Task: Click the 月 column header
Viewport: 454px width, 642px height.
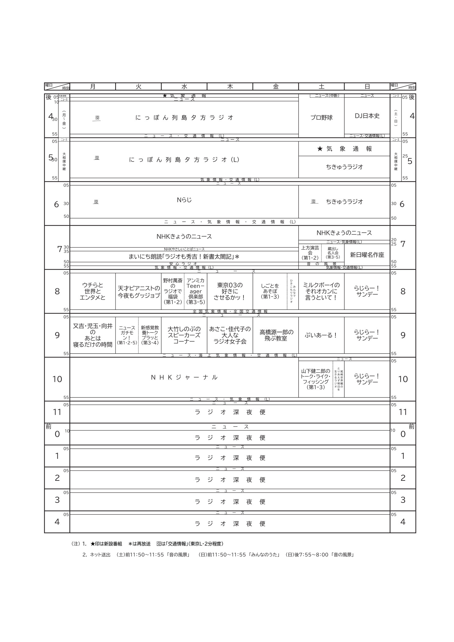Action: click(x=93, y=87)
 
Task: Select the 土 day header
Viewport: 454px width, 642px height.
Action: click(x=321, y=87)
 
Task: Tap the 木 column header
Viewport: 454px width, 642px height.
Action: click(x=230, y=87)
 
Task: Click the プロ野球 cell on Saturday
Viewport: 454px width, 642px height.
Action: click(x=321, y=118)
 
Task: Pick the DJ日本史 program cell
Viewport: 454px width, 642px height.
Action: click(x=367, y=116)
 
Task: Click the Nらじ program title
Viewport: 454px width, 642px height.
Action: click(x=184, y=200)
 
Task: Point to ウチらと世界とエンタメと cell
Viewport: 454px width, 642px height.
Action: click(x=93, y=291)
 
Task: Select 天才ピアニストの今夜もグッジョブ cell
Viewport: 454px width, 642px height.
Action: click(x=139, y=292)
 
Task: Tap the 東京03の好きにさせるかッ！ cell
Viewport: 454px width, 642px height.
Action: click(x=230, y=291)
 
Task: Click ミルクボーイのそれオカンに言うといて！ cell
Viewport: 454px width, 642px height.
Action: click(x=321, y=291)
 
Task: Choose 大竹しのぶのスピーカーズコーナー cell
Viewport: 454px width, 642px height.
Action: click(x=184, y=335)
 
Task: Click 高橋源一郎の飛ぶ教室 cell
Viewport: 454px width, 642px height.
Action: click(x=276, y=335)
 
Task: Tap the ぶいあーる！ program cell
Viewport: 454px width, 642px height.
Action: click(x=321, y=335)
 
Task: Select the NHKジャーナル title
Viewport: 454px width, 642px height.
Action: click(x=184, y=377)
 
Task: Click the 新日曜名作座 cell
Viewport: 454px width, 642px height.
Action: click(x=367, y=255)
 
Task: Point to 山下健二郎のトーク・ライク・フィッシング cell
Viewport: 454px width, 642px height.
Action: click(x=316, y=379)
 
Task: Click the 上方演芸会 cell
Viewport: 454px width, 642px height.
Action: click(x=310, y=253)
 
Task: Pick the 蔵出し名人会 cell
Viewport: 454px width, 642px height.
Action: click(x=333, y=253)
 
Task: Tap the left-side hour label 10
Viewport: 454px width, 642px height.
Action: click(x=57, y=379)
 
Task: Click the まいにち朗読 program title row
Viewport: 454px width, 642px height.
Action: click(x=184, y=257)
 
